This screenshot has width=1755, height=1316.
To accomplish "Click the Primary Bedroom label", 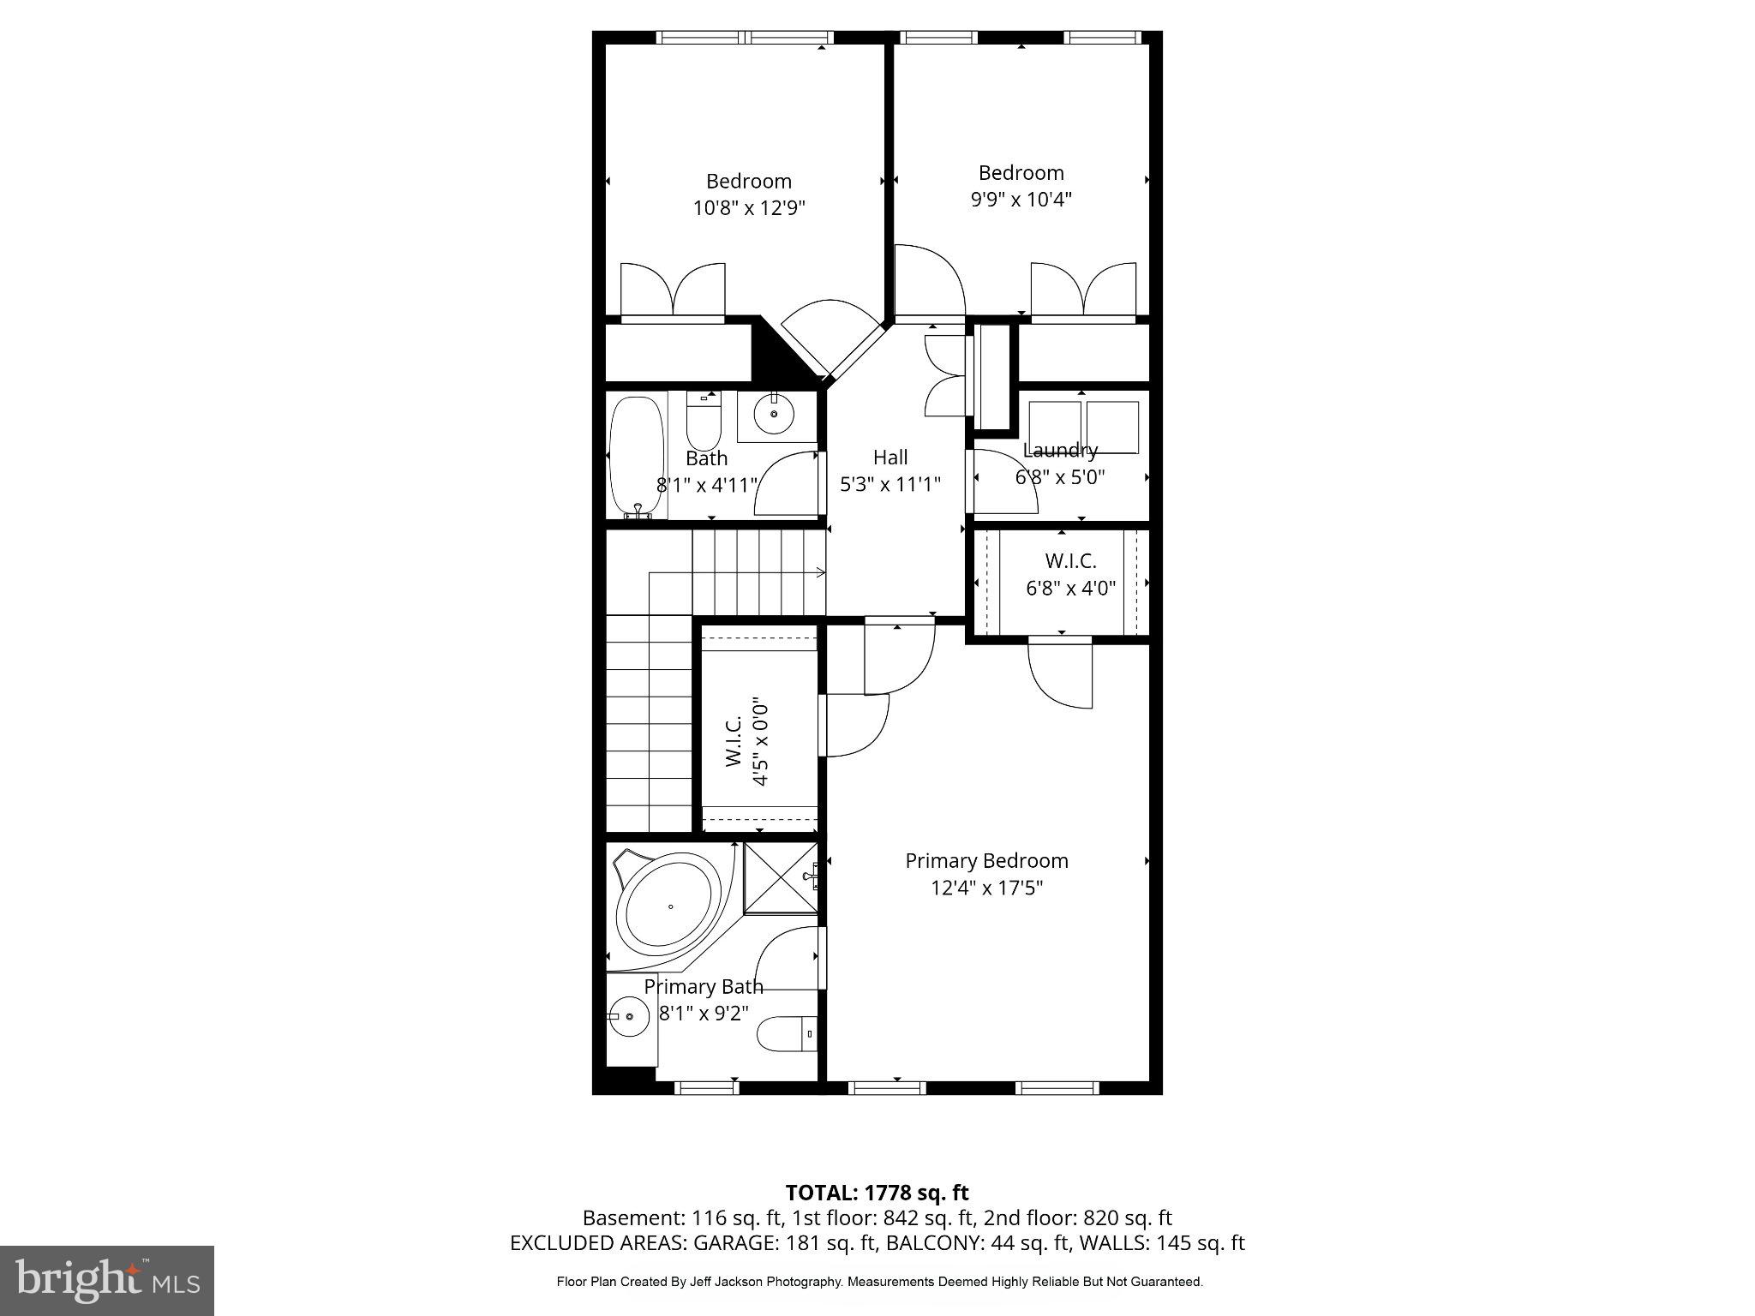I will tap(986, 861).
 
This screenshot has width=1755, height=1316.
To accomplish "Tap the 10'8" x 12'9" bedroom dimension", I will tap(749, 208).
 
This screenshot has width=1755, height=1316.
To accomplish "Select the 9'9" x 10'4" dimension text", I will tap(1021, 200).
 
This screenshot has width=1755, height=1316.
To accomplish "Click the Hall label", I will tap(890, 458).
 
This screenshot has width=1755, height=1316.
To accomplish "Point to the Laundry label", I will tap(1060, 450).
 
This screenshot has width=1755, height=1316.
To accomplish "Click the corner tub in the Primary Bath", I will tap(668, 907).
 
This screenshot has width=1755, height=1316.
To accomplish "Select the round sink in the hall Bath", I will tap(774, 415).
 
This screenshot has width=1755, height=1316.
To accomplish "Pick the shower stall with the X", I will tap(780, 878).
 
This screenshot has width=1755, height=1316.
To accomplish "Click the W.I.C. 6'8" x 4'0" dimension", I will tap(1070, 589).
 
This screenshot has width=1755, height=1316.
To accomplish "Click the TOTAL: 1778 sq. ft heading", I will tap(877, 1193).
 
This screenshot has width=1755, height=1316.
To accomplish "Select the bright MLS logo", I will tap(107, 1281).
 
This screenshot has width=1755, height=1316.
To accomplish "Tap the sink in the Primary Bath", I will tap(631, 1017).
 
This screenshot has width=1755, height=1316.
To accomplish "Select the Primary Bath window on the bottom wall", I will tap(706, 1088).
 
